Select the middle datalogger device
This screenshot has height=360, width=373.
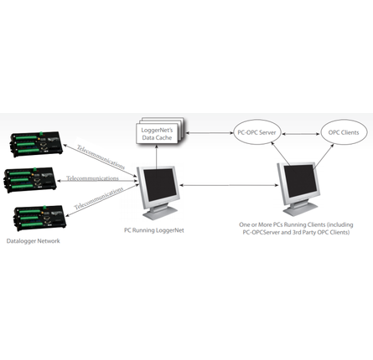(x=33, y=179)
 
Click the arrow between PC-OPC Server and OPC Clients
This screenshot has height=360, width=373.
(x=298, y=132)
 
